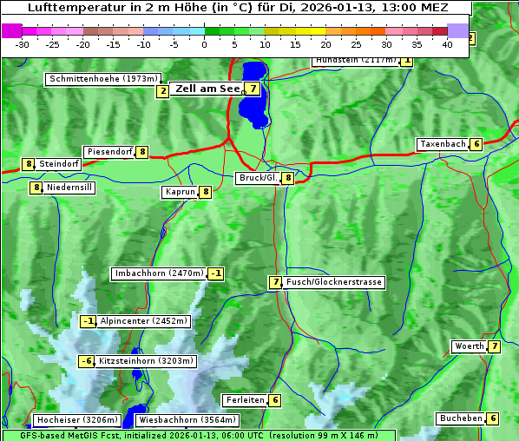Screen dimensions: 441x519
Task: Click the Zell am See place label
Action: click(207, 89)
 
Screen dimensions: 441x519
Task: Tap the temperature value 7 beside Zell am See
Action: click(252, 89)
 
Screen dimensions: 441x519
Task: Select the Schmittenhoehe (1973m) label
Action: click(103, 79)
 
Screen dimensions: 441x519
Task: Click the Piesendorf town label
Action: click(108, 152)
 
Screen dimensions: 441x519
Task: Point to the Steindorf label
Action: click(59, 164)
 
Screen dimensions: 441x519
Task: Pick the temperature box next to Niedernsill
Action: click(36, 187)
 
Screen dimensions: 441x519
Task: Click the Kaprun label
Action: click(180, 192)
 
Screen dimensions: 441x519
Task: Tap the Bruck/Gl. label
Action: click(258, 178)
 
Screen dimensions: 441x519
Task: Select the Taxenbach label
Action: click(443, 144)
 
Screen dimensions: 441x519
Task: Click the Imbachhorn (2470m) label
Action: click(159, 274)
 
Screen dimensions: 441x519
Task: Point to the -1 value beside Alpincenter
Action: click(88, 321)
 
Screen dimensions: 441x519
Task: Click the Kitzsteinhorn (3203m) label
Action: click(146, 361)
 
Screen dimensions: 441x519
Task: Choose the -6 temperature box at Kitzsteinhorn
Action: click(86, 361)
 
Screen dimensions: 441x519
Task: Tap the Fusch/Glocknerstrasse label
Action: click(334, 282)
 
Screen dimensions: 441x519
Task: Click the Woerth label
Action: click(470, 346)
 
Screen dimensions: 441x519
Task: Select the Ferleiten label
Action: click(244, 400)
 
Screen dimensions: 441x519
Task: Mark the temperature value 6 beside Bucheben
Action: click(493, 418)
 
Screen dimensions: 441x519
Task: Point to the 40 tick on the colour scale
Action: click(447, 44)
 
